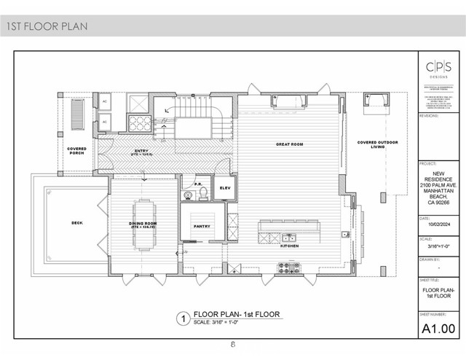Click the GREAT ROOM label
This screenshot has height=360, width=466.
point(288,144)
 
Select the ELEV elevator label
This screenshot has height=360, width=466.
point(224,188)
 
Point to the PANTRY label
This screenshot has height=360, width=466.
point(202,226)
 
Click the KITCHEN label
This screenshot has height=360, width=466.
point(290,246)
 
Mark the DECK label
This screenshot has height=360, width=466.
point(77,223)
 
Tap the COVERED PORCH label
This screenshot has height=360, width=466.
point(76,152)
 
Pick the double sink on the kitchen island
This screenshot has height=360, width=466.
point(288,236)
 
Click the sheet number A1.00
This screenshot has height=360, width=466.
point(440,329)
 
